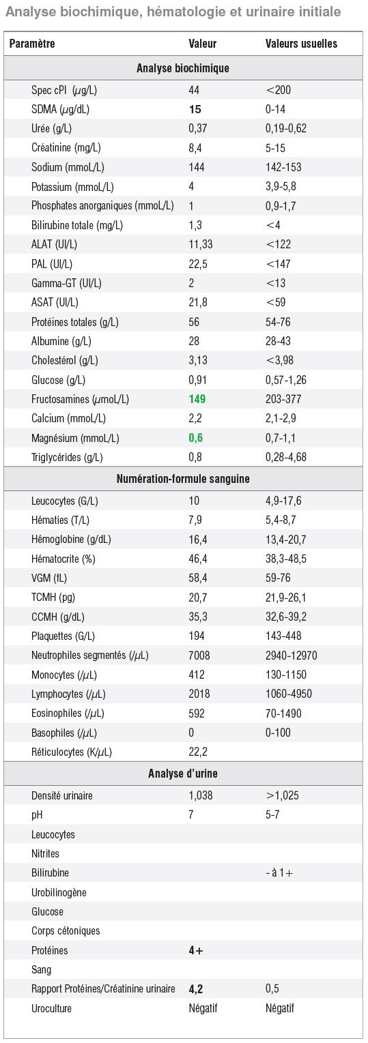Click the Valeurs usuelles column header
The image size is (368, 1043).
(x=301, y=44)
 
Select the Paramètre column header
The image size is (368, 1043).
(x=32, y=44)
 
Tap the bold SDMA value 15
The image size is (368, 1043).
(x=195, y=109)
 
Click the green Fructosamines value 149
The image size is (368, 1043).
(x=197, y=399)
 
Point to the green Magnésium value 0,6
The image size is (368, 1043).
(x=196, y=438)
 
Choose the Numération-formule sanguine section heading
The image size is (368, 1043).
(x=183, y=479)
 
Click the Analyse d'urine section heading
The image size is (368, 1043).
(x=183, y=774)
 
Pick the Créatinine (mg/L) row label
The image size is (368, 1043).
(x=66, y=148)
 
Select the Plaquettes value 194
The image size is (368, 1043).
(x=197, y=636)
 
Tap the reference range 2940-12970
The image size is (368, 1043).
(x=291, y=656)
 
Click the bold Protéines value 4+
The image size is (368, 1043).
(x=196, y=950)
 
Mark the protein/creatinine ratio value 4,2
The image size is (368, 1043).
(x=196, y=989)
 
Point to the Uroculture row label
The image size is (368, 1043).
(x=51, y=1008)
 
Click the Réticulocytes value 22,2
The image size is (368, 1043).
(x=198, y=752)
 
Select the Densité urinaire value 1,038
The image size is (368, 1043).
(x=200, y=795)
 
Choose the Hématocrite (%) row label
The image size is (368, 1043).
(x=63, y=559)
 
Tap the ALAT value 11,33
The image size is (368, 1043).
(x=200, y=244)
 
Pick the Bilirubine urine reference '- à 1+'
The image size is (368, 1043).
(x=279, y=873)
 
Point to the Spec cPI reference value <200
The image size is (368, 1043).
(x=278, y=90)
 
